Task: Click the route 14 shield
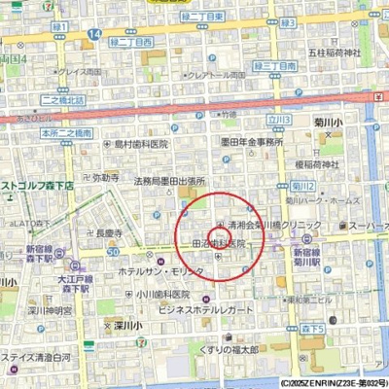(92, 34)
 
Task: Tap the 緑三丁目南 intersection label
(273, 66)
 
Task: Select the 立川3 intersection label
(280, 120)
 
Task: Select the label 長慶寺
(108, 233)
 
